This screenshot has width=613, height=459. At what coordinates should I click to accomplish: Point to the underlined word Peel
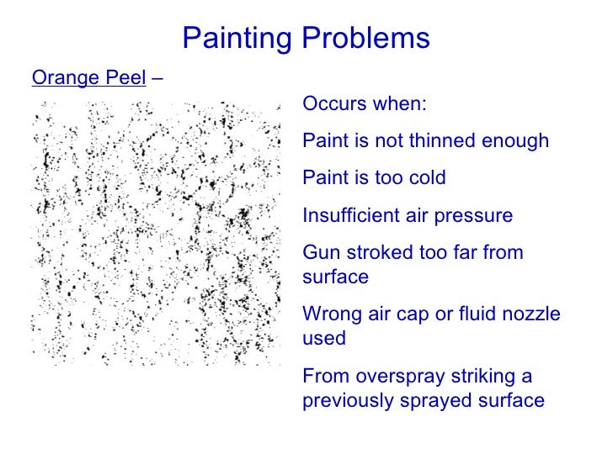click(x=117, y=78)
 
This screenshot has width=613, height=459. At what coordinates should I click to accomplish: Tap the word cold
click(x=427, y=178)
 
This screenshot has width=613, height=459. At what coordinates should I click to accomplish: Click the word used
click(x=323, y=338)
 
